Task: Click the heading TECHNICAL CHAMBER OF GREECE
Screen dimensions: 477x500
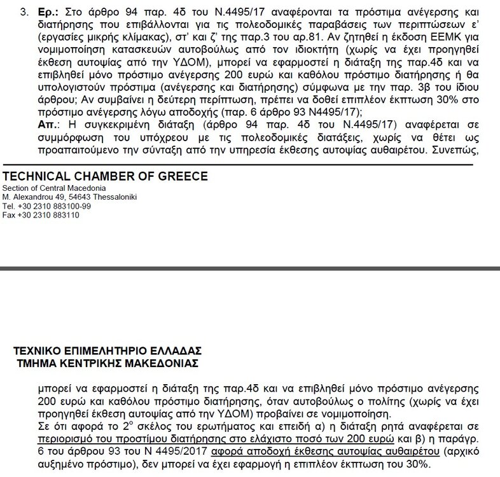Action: (x=105, y=176)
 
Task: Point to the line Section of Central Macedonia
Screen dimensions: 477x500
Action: (x=54, y=188)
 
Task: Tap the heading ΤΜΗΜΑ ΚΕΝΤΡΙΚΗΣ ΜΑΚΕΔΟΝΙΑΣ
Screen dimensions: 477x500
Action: (x=109, y=363)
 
